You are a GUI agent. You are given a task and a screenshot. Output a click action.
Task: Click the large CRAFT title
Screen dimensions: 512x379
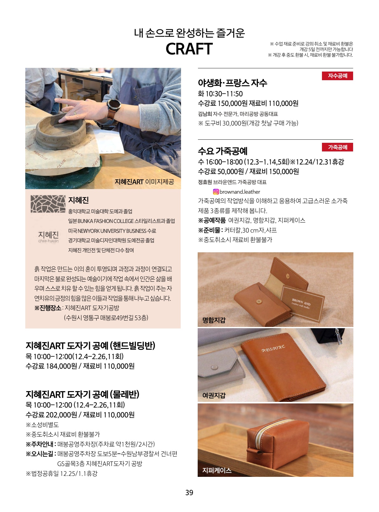(x=189, y=49)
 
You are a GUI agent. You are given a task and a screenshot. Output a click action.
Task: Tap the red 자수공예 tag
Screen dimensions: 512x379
(x=337, y=76)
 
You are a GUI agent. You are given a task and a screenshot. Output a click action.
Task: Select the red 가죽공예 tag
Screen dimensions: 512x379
(x=337, y=147)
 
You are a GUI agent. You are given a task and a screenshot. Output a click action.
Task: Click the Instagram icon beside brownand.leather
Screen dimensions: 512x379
(x=216, y=192)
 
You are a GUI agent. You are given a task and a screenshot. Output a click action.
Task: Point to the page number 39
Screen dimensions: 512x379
(x=189, y=493)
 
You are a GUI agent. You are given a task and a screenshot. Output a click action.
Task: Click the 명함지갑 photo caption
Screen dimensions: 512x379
(x=214, y=320)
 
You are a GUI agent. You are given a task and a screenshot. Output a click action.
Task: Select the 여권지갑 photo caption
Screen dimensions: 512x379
(x=214, y=395)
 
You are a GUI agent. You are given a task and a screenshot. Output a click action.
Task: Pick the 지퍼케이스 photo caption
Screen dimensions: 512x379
(x=217, y=470)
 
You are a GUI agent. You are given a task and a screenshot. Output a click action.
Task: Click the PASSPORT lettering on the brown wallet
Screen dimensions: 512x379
(x=273, y=349)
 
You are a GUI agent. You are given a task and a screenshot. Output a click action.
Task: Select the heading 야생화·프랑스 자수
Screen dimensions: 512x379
(x=233, y=83)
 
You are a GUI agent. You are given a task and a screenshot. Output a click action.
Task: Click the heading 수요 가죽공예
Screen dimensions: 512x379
(x=223, y=151)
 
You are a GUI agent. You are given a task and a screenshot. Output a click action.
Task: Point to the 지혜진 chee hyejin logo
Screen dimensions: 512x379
(x=48, y=237)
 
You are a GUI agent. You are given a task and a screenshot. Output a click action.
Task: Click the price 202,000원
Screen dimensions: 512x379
(x=61, y=415)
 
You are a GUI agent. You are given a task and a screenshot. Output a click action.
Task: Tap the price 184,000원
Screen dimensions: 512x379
(x=61, y=366)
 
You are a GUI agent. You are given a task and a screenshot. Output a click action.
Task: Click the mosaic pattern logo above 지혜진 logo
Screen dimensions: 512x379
(x=48, y=204)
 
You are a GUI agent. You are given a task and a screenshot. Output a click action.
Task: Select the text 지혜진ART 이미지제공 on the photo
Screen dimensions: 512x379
(x=144, y=182)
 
